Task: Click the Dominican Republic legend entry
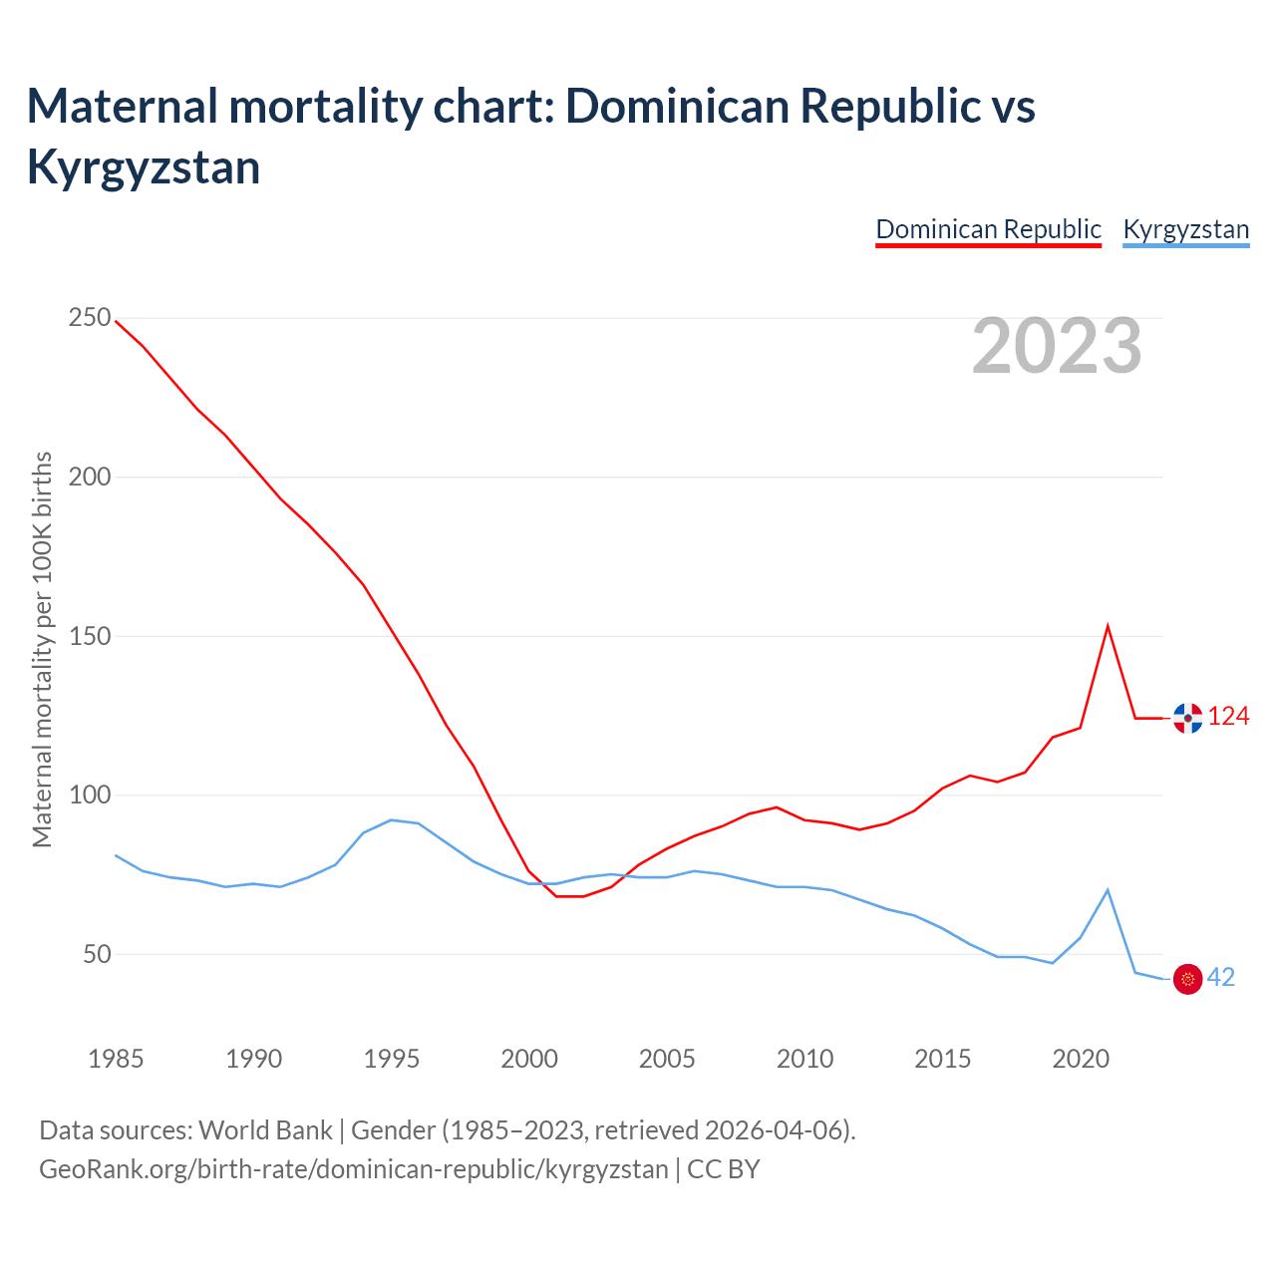click(x=988, y=229)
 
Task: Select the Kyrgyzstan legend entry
click(x=1185, y=229)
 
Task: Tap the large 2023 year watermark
click(x=1057, y=346)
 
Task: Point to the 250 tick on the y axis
click(x=90, y=318)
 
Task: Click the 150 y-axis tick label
click(x=90, y=636)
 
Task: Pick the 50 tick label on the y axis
click(x=97, y=954)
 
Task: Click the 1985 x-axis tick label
click(x=116, y=1059)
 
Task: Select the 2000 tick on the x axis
click(x=529, y=1059)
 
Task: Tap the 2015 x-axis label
click(x=943, y=1059)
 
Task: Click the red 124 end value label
click(x=1228, y=717)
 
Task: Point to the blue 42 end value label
click(x=1221, y=978)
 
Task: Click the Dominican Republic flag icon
click(x=1187, y=718)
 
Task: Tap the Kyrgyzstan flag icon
click(x=1187, y=979)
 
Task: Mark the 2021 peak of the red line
click(x=1108, y=627)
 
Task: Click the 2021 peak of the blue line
click(x=1108, y=890)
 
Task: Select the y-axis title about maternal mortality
click(x=42, y=649)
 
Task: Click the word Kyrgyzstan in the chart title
click(x=144, y=166)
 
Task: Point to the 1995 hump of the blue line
click(x=391, y=820)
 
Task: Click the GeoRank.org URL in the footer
click(x=354, y=1168)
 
